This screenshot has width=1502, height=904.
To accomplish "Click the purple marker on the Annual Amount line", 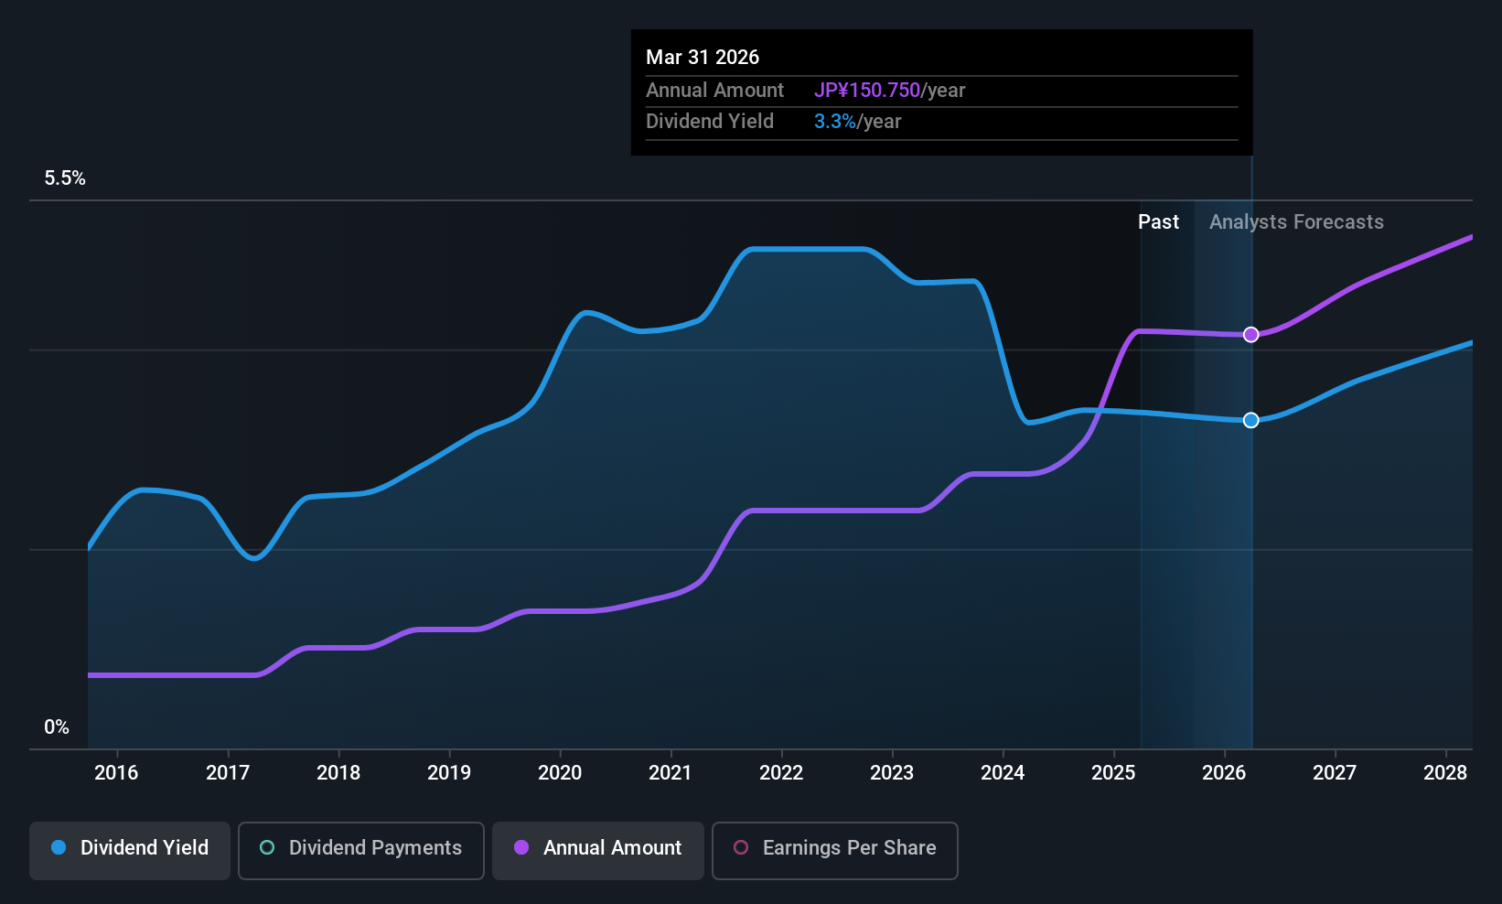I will [1250, 335].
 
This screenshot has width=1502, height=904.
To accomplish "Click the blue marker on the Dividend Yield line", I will [1250, 420].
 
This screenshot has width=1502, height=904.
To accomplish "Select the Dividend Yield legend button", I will [130, 848].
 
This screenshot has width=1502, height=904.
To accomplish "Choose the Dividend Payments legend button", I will [360, 848].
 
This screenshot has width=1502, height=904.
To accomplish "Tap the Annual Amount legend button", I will [598, 848].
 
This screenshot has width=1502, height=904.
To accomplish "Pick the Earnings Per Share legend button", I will [834, 848].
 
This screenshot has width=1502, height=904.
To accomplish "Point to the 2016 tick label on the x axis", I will [116, 773].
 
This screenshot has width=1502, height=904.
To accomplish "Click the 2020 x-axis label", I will [560, 773].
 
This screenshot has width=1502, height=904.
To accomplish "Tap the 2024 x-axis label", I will [1003, 773].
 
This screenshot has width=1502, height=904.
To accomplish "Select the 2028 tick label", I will [1445, 773].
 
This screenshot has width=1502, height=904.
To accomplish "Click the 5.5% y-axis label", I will [65, 178].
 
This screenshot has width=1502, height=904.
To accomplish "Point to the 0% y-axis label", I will [57, 727].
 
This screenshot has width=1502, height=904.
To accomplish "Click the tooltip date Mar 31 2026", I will [703, 58].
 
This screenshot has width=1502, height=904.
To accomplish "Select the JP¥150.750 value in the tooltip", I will [867, 91].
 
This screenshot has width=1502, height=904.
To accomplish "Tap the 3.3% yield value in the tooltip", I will [835, 122].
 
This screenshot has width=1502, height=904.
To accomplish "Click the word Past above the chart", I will [1158, 222].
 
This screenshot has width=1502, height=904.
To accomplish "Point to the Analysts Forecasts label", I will [1296, 222].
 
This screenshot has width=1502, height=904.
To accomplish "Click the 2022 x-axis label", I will [781, 773].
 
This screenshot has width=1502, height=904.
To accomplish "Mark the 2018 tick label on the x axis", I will [338, 773].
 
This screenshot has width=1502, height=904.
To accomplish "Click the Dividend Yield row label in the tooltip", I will [710, 122].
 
